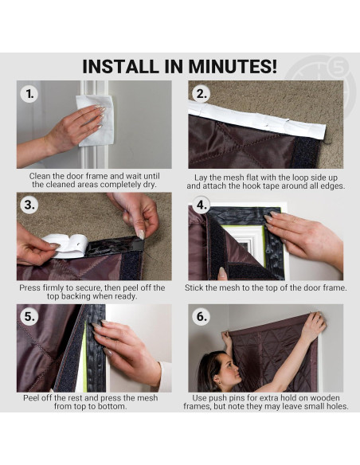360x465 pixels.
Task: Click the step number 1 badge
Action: pos(29,94)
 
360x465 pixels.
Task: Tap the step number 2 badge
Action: pos(201,94)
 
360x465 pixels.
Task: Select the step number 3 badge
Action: pos(29,205)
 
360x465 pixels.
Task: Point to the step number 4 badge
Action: pos(201,205)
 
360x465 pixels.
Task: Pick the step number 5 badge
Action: pos(29,316)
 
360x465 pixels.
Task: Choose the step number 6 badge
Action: pos(201,316)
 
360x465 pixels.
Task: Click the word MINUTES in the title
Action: pos(233,66)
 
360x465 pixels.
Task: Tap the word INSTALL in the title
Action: pos(120,66)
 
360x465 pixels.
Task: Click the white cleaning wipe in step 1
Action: pos(96,120)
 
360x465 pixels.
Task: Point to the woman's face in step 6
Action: pos(228,369)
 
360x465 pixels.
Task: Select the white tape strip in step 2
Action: pos(256,119)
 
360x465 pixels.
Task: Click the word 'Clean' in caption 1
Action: pos(40,176)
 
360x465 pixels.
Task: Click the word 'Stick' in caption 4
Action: pos(195,287)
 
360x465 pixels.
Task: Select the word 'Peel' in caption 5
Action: pos(31,397)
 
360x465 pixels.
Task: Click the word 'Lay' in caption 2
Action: pos(201,178)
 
